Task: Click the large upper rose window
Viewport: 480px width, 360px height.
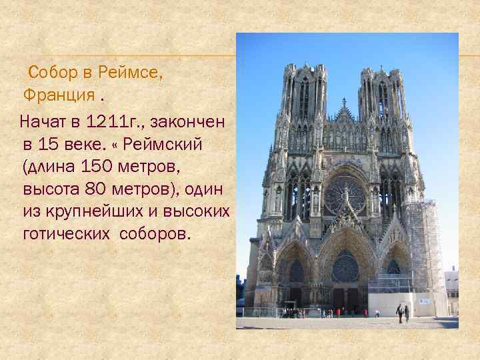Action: click(x=344, y=193)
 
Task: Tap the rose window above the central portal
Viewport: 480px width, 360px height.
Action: click(x=345, y=267)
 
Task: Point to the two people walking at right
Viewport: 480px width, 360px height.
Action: click(x=403, y=313)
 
